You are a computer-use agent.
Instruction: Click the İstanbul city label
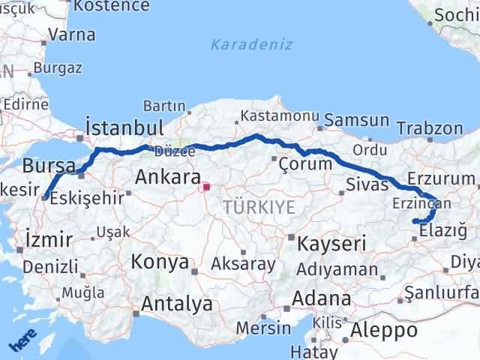click(x=124, y=126)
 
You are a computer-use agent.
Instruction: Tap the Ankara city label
click(x=168, y=178)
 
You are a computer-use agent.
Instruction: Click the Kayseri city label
click(x=331, y=243)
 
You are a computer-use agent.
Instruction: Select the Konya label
click(x=159, y=262)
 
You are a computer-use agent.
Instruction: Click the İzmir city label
click(x=49, y=240)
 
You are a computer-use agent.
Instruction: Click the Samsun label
click(x=357, y=120)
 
